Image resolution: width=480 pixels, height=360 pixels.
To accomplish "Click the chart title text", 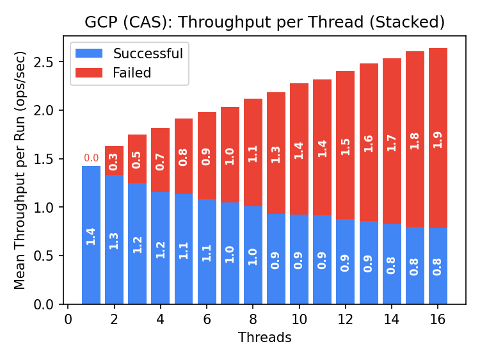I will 264,22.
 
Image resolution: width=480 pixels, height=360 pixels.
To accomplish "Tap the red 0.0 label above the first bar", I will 91,158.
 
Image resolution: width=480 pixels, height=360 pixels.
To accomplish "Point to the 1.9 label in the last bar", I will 438,140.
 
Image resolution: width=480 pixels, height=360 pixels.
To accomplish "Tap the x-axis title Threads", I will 264,338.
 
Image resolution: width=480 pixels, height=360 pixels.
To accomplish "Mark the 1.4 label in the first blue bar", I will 91,236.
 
